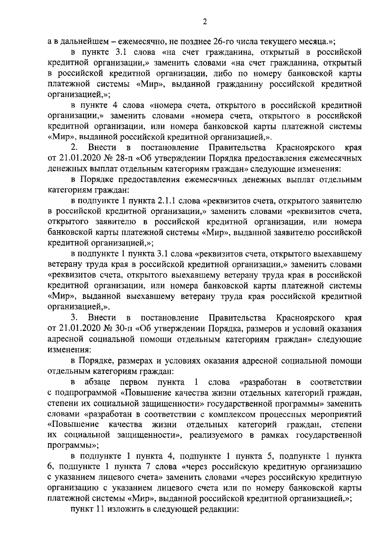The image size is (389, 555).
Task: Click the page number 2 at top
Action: (204, 22)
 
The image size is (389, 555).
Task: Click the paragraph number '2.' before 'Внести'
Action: (74, 147)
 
